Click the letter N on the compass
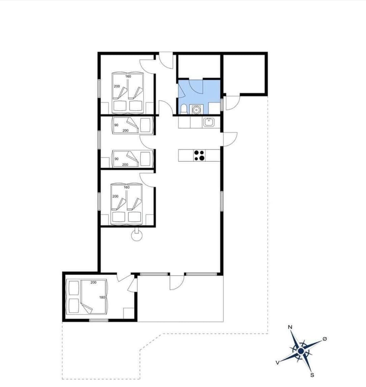point(290,327)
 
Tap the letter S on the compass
point(312,375)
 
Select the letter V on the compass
point(278,362)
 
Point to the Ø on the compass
point(324,339)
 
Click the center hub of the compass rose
point(301,351)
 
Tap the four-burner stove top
point(199,155)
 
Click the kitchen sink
point(209,122)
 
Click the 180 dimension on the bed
point(102,298)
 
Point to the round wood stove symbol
point(136,236)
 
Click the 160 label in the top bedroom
point(128,76)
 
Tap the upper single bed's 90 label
point(116,125)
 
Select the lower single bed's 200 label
point(125,165)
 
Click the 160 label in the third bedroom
point(127,187)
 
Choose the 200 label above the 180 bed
point(94,283)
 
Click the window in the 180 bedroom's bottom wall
point(99,320)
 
